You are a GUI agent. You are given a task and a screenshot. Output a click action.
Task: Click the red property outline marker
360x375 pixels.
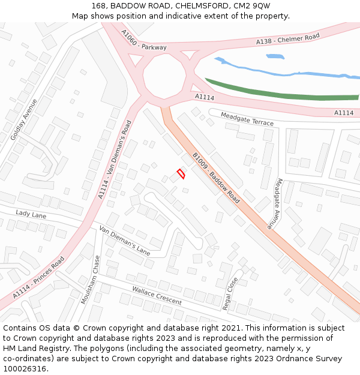[181, 173]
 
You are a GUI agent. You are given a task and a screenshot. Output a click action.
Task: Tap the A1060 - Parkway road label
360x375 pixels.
[143, 40]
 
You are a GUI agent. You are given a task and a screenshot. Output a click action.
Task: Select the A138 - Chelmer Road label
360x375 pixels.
[287, 38]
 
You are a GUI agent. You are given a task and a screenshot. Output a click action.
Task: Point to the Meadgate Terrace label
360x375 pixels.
[247, 119]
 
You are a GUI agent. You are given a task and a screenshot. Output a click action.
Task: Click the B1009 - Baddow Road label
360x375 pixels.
[216, 178]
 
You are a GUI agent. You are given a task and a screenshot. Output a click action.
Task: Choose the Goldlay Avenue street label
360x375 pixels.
[23, 119]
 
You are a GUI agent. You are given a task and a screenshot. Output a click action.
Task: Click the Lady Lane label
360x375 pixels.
[31, 214]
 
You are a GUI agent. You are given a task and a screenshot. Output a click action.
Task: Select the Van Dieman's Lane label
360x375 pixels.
[124, 240]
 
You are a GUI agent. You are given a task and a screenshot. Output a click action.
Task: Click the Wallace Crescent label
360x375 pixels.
[157, 295]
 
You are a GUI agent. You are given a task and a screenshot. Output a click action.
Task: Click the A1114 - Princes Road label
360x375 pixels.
[38, 278]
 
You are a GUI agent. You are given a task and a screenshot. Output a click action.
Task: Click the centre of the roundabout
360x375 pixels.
[164, 76]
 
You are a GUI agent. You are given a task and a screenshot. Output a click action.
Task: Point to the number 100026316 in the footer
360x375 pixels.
[25, 368]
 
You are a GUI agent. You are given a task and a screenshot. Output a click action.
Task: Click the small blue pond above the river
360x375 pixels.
[275, 56]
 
